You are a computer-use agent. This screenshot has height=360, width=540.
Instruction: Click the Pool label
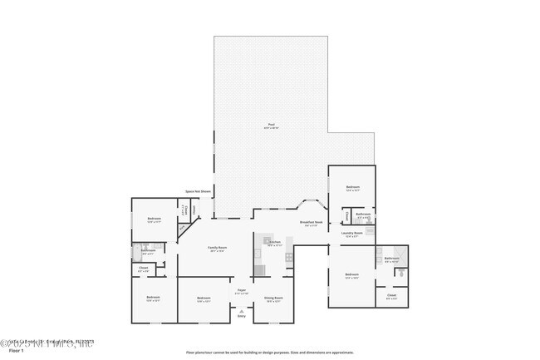click(271, 126)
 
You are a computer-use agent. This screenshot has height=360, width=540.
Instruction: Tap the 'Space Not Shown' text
click(199, 191)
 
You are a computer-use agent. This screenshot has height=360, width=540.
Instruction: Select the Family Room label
click(217, 249)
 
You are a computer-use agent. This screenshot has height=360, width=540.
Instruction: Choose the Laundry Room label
click(351, 234)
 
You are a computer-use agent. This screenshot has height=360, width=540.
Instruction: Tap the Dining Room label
click(273, 298)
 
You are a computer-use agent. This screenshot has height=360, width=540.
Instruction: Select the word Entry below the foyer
click(241, 316)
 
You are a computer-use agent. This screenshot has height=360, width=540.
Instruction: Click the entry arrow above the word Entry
click(241, 309)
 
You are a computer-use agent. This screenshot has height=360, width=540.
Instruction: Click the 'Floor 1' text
click(8, 352)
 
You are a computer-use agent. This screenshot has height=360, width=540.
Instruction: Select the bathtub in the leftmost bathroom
click(135, 250)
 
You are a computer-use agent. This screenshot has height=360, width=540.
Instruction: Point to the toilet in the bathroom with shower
click(400, 271)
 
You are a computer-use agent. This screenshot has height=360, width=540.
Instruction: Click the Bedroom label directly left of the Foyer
click(204, 298)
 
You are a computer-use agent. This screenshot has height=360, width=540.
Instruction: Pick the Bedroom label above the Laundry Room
click(351, 188)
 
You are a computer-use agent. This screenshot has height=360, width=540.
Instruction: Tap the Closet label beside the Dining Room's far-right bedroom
click(391, 296)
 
